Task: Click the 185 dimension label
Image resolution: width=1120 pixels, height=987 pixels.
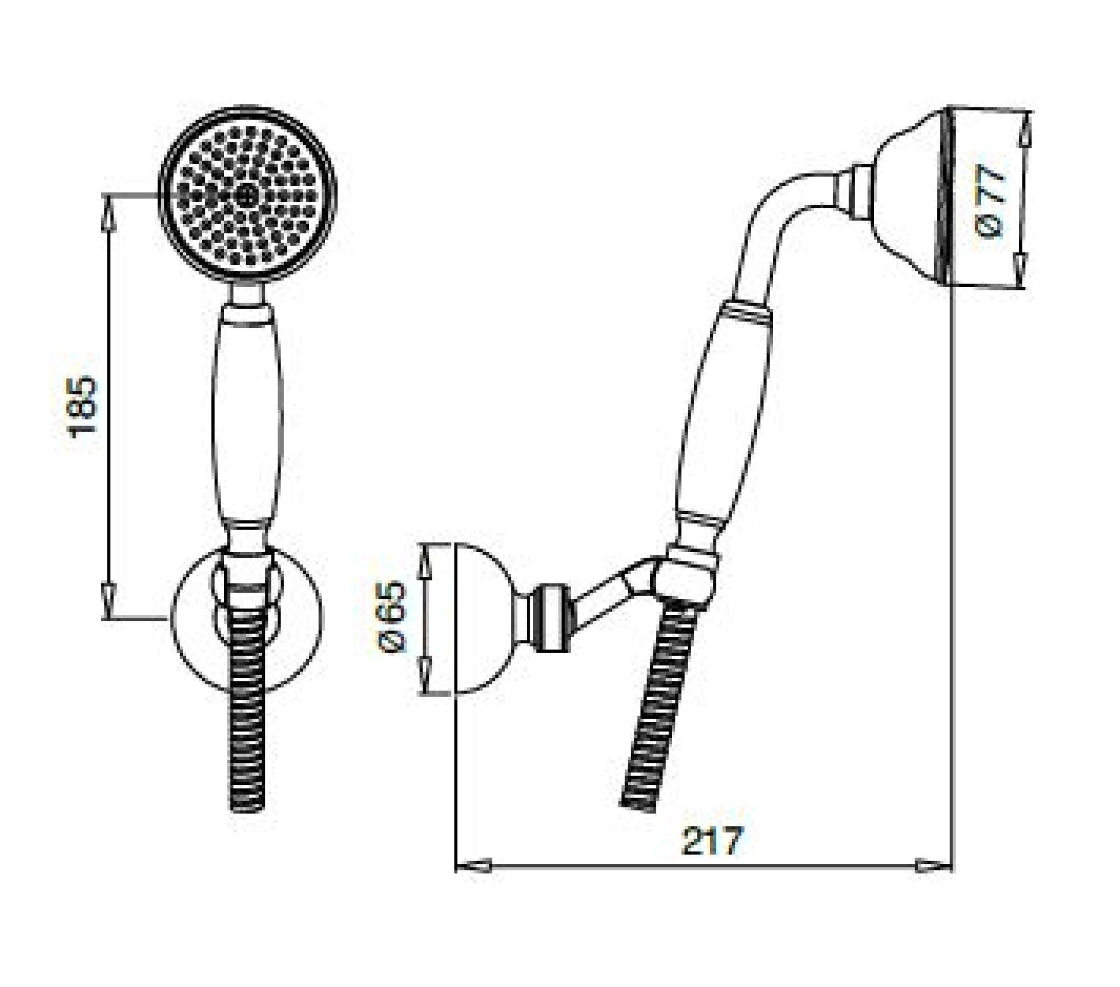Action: pyautogui.click(x=82, y=406)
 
